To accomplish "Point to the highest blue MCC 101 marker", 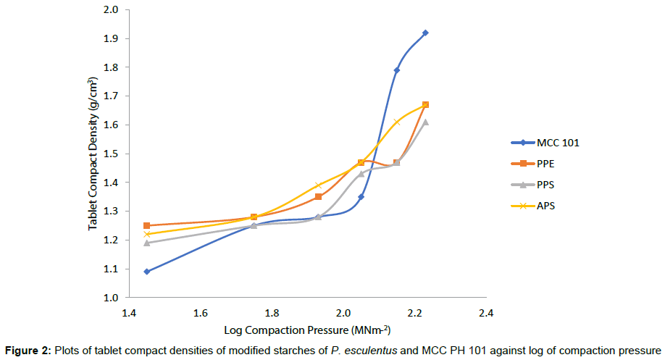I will [425, 33].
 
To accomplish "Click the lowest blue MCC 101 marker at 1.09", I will [147, 272].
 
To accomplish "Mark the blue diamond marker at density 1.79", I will [396, 70].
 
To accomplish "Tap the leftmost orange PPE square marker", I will [147, 225].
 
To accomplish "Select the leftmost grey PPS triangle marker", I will [147, 243].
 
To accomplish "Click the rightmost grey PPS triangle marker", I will [425, 122].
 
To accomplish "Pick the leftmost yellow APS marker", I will [147, 234].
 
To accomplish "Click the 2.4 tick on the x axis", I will [485, 314].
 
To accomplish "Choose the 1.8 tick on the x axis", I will [272, 314].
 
